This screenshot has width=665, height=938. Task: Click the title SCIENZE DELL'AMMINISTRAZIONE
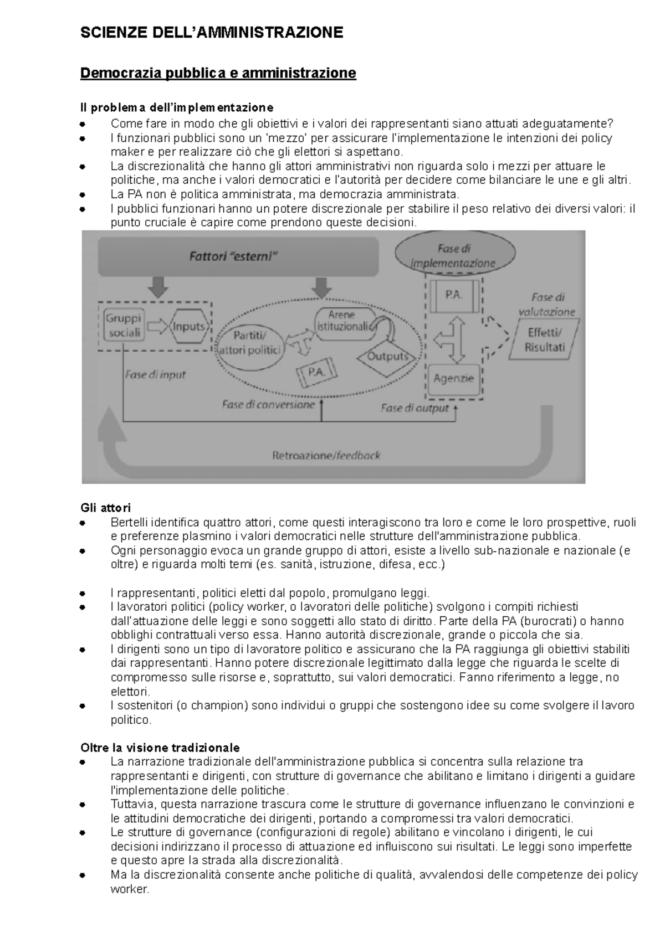click(x=212, y=33)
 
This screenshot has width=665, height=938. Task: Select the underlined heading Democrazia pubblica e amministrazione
click(x=218, y=73)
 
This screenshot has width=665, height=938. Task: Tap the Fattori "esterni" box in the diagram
click(x=238, y=256)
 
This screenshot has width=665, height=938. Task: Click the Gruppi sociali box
click(x=124, y=326)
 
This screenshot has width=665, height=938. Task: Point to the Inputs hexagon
click(x=189, y=327)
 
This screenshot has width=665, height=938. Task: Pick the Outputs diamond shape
click(x=387, y=356)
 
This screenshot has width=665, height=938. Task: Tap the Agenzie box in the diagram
click(x=453, y=379)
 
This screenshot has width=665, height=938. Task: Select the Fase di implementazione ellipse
click(x=453, y=255)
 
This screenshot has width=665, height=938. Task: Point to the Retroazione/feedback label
click(x=326, y=456)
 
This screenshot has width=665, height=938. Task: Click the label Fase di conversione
click(x=268, y=405)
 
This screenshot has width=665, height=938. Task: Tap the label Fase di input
click(x=155, y=374)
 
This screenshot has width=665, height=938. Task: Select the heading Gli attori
click(x=105, y=508)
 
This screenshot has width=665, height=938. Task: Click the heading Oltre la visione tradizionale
click(x=160, y=747)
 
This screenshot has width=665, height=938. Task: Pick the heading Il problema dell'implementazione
click(x=177, y=107)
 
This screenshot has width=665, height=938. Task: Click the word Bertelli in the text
click(x=129, y=522)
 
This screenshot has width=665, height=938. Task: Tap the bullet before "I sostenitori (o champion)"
click(x=83, y=707)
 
